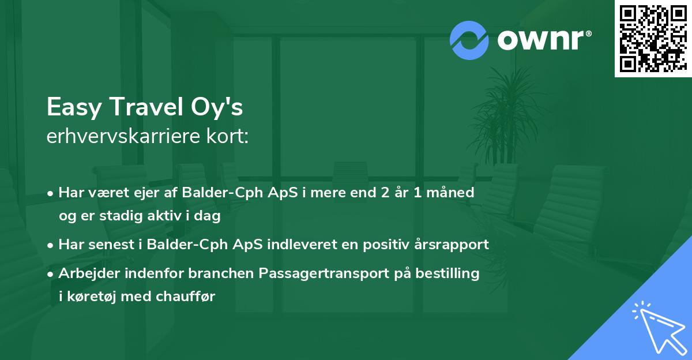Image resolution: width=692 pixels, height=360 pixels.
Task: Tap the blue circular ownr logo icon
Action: point(469,40)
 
